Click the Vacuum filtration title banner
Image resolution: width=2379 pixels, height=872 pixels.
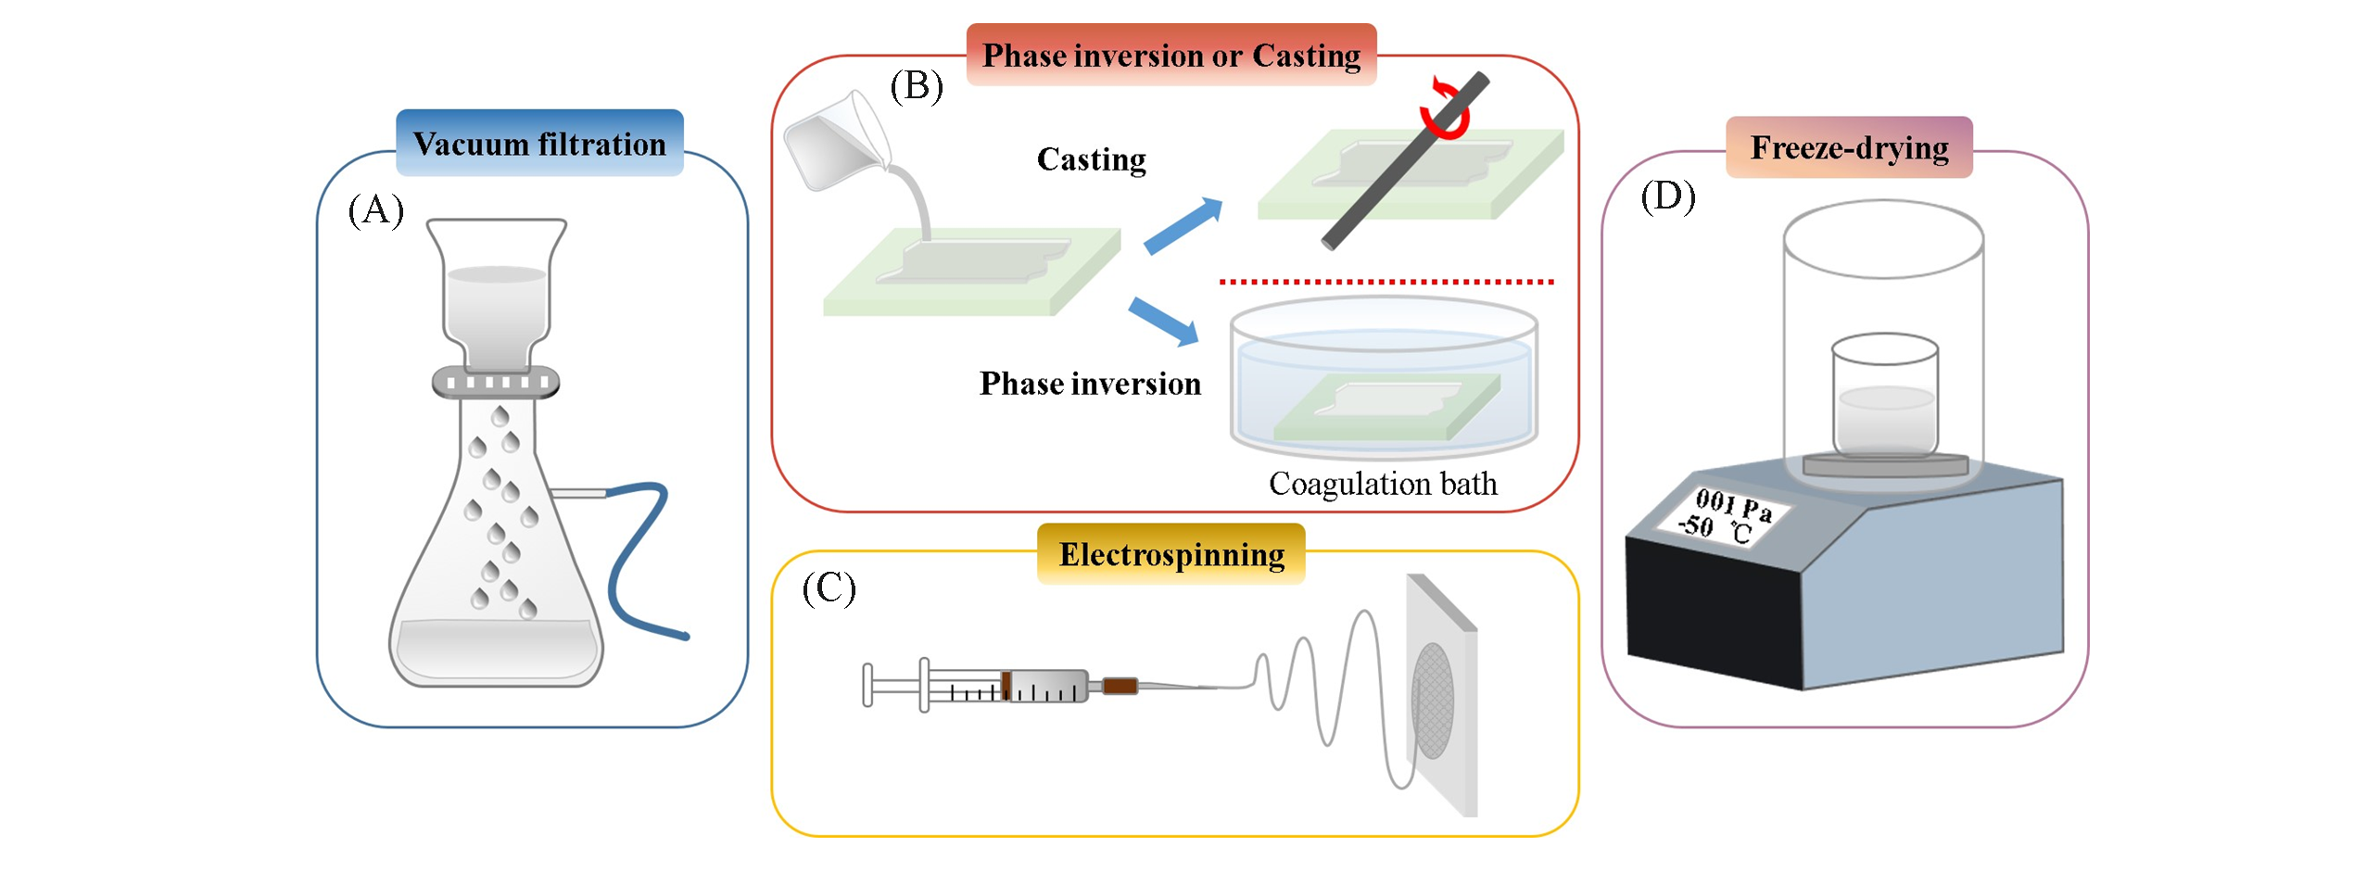[x=538, y=144]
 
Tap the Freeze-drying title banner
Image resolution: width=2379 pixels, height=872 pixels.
[x=1848, y=147]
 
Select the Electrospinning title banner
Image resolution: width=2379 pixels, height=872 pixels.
[x=1171, y=554]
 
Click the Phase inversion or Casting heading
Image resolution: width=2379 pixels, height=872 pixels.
[x=1171, y=56]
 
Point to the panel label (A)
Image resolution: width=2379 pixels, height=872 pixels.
[x=375, y=210]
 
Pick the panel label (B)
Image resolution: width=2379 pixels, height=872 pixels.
[x=916, y=86]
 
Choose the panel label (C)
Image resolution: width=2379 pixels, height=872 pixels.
[x=829, y=588]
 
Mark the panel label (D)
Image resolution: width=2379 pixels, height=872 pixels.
[x=1667, y=196]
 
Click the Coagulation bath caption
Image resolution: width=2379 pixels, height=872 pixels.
[x=1382, y=484]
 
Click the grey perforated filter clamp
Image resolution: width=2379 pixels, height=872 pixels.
[x=496, y=382]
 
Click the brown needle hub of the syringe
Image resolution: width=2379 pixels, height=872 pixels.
[x=1119, y=686]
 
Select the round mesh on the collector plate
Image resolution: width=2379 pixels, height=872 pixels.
[x=1432, y=700]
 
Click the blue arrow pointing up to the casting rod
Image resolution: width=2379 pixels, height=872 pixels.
[x=1183, y=225]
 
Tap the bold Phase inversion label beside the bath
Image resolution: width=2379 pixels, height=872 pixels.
[x=1090, y=384]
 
